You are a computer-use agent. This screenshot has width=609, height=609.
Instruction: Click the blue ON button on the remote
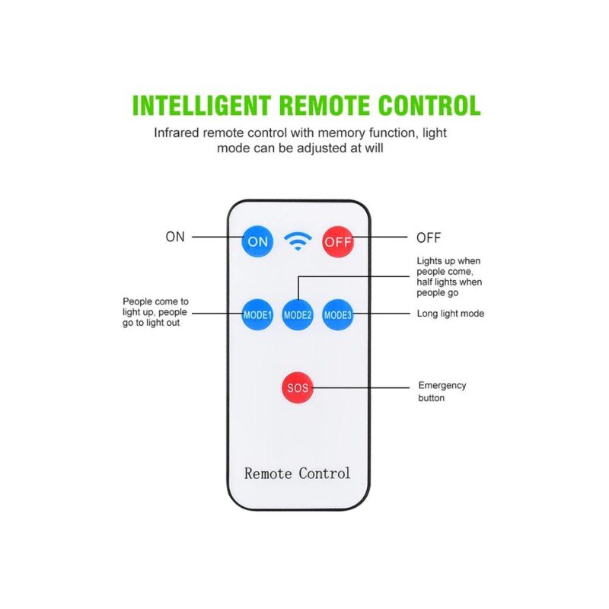click(257, 242)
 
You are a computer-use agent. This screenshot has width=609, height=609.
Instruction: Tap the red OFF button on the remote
click(337, 242)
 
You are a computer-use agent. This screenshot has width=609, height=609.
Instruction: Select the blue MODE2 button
click(298, 314)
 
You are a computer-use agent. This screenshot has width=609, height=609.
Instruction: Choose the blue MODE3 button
click(337, 314)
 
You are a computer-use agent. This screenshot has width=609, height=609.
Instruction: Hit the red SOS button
click(297, 387)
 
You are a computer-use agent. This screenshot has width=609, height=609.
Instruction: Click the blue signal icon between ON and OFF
click(298, 242)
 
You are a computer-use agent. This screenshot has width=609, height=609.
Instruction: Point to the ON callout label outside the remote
click(175, 237)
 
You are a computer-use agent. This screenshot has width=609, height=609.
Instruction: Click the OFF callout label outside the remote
click(428, 238)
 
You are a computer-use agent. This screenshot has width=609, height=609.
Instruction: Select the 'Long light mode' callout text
click(451, 314)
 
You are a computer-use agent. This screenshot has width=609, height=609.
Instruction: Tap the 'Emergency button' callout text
click(442, 391)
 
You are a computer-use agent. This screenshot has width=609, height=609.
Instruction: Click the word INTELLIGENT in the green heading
click(201, 105)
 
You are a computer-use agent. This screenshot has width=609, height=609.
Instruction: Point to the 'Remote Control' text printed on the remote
click(298, 473)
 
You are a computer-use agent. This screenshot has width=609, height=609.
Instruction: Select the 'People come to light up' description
click(155, 312)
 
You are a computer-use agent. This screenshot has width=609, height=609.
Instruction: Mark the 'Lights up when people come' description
click(448, 277)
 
